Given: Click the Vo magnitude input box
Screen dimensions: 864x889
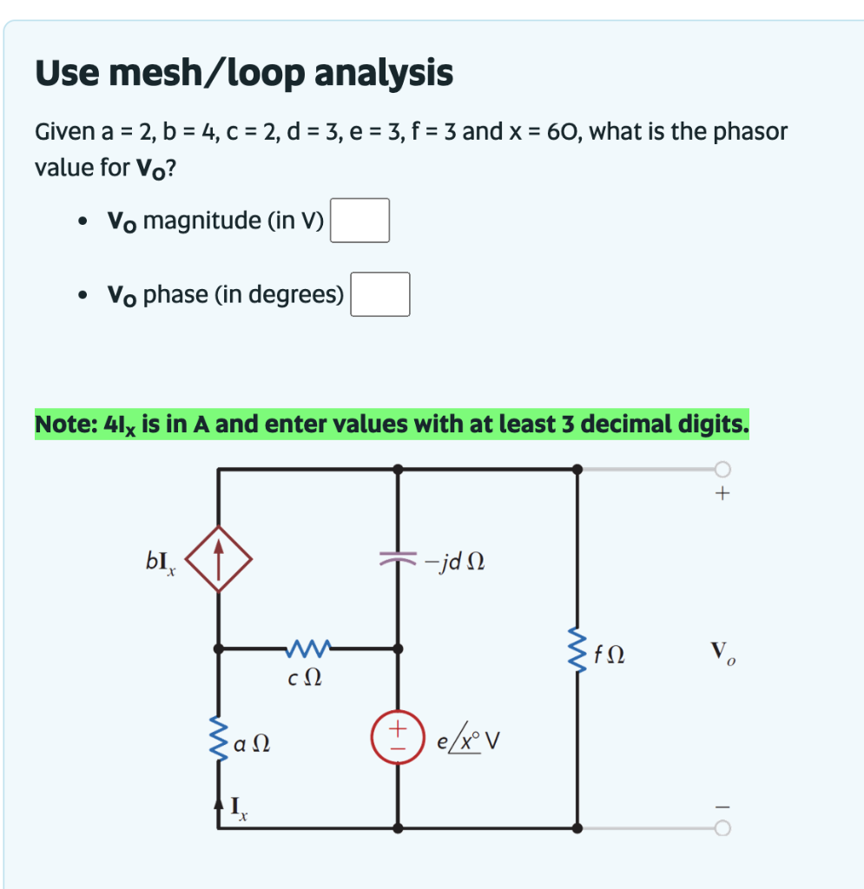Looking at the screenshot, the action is click(x=359, y=221).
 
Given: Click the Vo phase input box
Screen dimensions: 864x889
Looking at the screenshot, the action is click(x=380, y=294).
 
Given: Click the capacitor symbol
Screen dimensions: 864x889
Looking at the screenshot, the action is click(x=398, y=560).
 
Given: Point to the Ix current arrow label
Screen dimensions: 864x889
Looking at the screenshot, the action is click(x=238, y=809).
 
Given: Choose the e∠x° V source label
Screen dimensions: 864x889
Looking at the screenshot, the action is click(x=470, y=742).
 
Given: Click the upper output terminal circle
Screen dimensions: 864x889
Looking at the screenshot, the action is click(x=722, y=470).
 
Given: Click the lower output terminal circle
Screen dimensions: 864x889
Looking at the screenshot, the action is click(x=722, y=828).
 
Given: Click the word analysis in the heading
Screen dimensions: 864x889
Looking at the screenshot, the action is click(x=383, y=74).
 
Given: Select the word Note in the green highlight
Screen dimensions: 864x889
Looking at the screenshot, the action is click(x=64, y=425).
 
